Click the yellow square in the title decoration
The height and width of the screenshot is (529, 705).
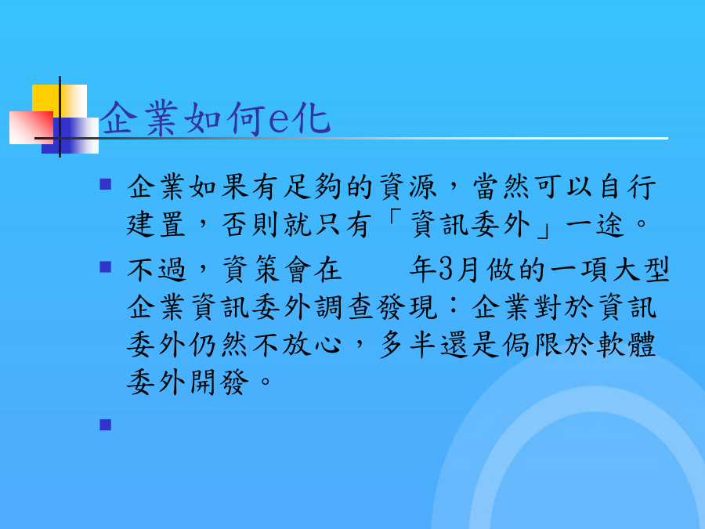click(x=60, y=101)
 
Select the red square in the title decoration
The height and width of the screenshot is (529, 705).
click(x=31, y=128)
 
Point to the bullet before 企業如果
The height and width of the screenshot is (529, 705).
click(x=106, y=184)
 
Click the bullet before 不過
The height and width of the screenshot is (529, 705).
click(x=106, y=267)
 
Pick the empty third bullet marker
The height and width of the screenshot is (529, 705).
click(x=106, y=425)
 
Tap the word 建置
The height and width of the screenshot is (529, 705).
click(x=156, y=224)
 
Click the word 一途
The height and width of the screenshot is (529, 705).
click(x=596, y=224)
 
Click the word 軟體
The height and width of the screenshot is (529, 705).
click(x=627, y=345)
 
